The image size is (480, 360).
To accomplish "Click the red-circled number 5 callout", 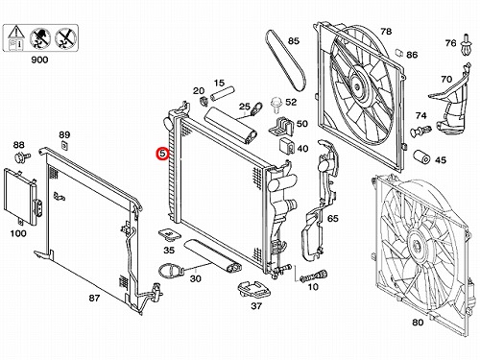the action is pyautogui.click(x=163, y=154).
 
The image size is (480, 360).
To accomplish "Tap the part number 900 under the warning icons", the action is pyautogui.click(x=39, y=60).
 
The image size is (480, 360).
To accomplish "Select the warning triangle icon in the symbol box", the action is pyautogui.click(x=15, y=33).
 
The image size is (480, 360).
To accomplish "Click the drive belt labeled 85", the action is pyautogui.click(x=285, y=60).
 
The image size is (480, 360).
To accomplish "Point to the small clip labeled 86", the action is pyautogui.click(x=399, y=53).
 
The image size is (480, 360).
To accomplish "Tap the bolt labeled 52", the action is pyautogui.click(x=276, y=105).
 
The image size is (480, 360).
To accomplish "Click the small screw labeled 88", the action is pyautogui.click(x=22, y=157).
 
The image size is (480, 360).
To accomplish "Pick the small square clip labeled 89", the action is pyautogui.click(x=65, y=145).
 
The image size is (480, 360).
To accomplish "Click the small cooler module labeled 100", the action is pyautogui.click(x=21, y=195).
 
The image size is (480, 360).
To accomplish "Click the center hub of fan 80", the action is pyautogui.click(x=418, y=247).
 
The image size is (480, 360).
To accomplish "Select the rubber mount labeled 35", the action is pyautogui.click(x=169, y=234).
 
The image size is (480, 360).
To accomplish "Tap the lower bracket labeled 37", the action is pyautogui.click(x=254, y=289).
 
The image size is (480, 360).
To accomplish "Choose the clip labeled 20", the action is pyautogui.click(x=204, y=101).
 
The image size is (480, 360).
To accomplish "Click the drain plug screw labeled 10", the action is pyautogui.click(x=314, y=276).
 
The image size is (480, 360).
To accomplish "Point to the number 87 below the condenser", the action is pyautogui.click(x=94, y=299).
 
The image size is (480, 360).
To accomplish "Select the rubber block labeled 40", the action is pyautogui.click(x=287, y=146).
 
